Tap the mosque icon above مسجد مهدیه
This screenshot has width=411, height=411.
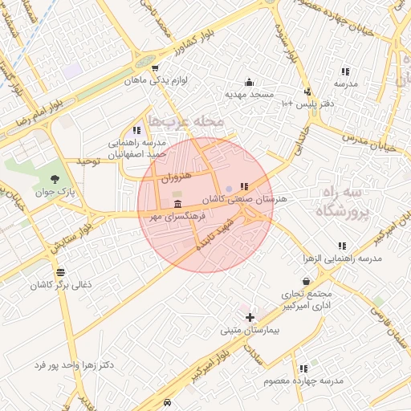[x=249, y=82]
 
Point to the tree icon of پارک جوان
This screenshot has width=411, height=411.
[x=55, y=179]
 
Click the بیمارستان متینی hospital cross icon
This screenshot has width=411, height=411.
[x=250, y=317]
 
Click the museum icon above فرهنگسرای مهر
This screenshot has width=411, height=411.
[x=177, y=205]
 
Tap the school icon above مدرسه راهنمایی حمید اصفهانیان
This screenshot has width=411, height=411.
[x=136, y=130]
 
